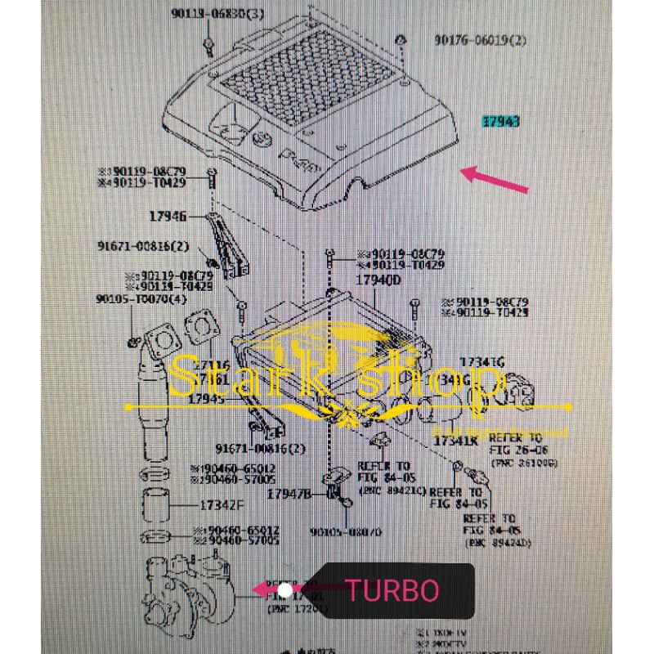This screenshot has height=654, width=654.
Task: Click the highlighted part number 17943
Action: pos(500,122)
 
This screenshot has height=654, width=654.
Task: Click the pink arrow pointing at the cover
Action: pos(495,179)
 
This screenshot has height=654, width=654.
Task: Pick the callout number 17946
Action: pos(168,217)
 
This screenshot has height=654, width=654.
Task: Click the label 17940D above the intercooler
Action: pos(379,280)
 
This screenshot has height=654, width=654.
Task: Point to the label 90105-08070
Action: pos(346,532)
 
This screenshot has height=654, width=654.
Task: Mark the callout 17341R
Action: pos(455,441)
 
